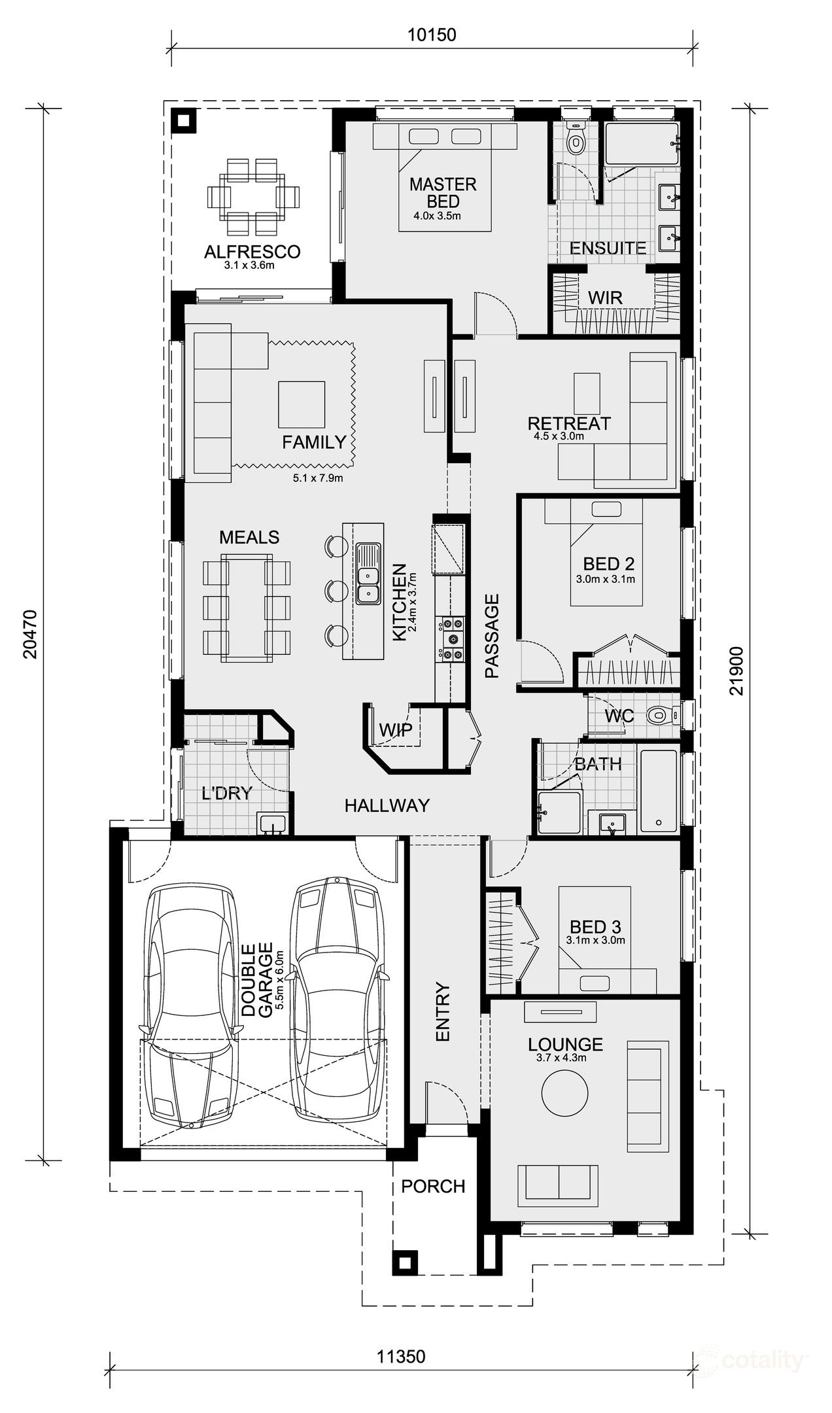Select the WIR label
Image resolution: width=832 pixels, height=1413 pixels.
point(604,298)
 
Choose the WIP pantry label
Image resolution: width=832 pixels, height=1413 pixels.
point(396,730)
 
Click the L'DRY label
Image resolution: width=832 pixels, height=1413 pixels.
point(226,794)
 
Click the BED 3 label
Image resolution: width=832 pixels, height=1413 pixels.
point(595,927)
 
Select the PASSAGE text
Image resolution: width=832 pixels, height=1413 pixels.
point(492,635)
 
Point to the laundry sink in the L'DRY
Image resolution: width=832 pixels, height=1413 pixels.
point(271,824)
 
